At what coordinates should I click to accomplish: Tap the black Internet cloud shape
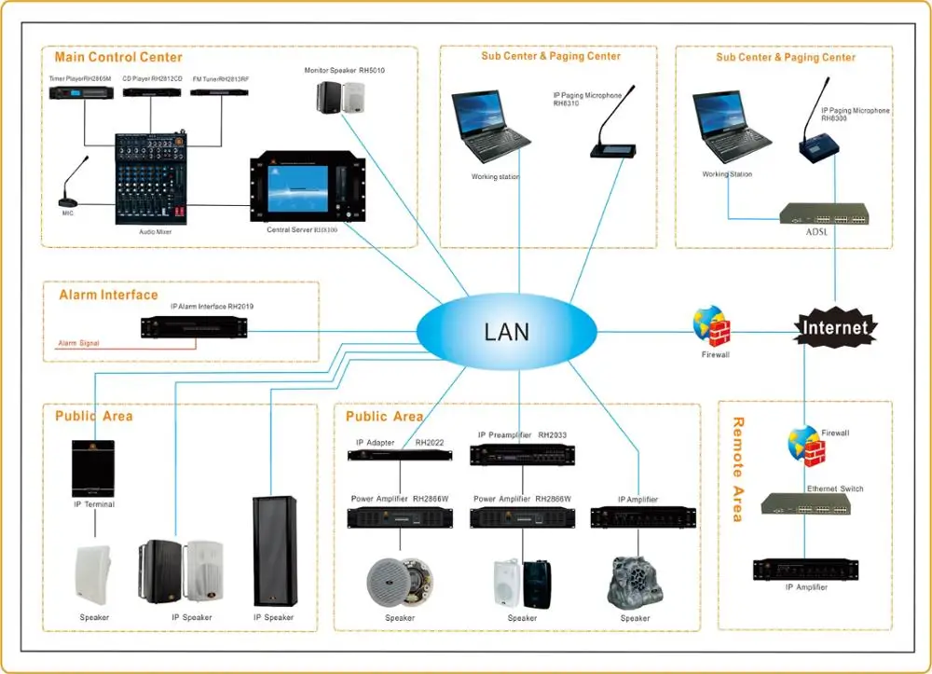click(836, 327)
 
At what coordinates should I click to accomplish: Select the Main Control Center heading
click(118, 58)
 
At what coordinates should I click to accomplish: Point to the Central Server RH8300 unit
click(299, 189)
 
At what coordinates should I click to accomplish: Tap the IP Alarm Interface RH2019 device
click(194, 327)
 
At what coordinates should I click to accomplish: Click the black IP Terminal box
click(93, 468)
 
